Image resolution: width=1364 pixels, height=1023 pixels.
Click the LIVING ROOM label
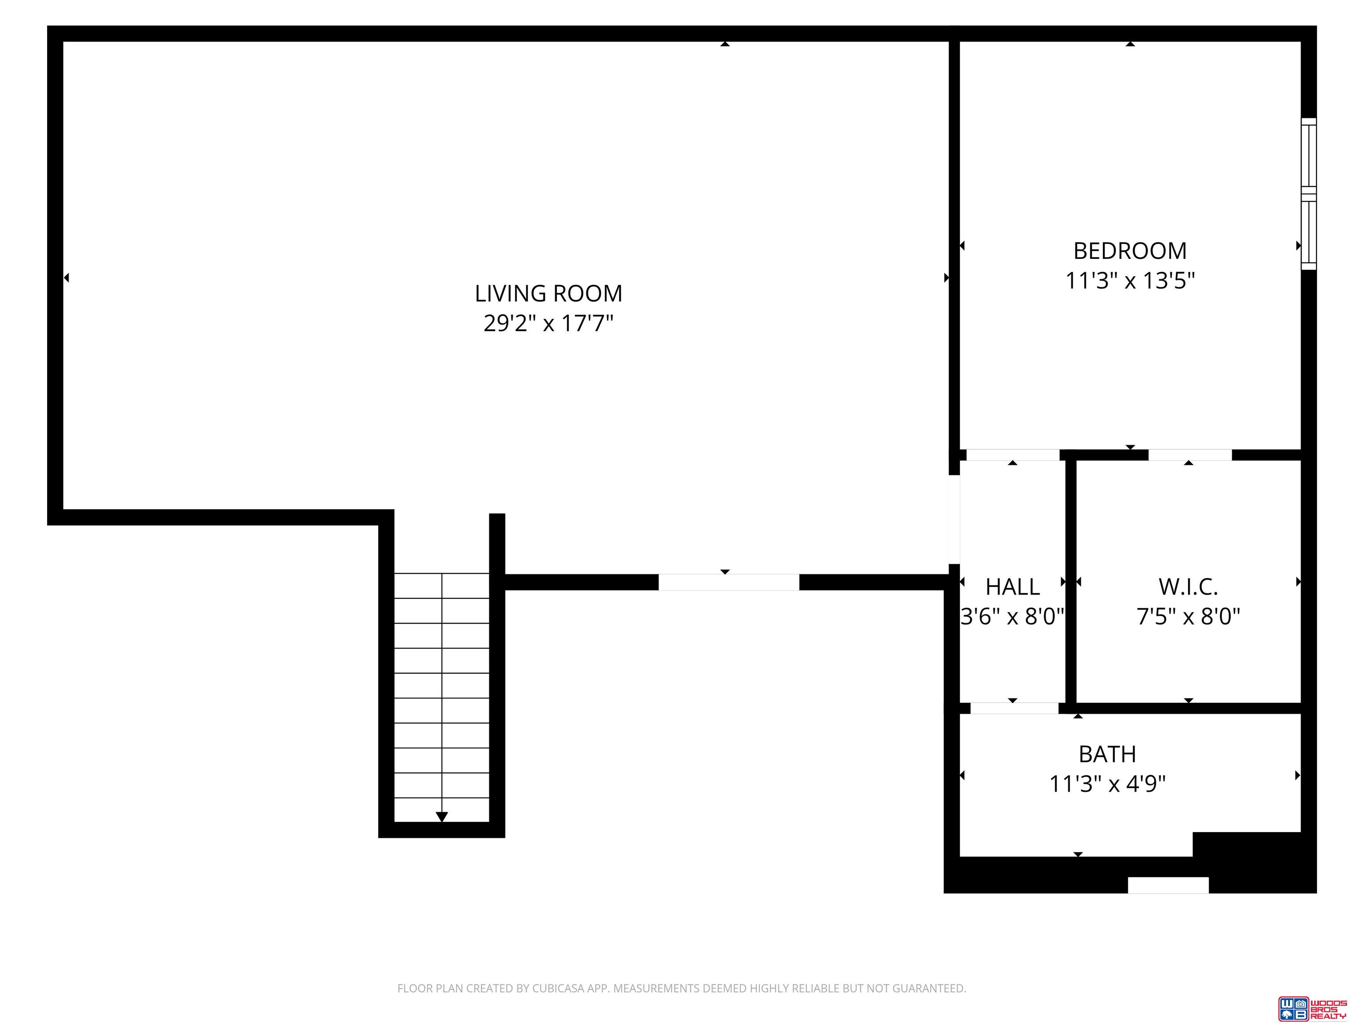click(x=548, y=293)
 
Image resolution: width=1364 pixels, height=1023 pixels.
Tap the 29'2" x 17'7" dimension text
click(x=548, y=323)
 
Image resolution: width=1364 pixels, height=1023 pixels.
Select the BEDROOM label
click(x=1130, y=251)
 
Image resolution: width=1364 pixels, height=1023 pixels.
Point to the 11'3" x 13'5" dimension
click(x=1130, y=281)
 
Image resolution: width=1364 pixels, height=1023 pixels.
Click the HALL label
click(x=1012, y=587)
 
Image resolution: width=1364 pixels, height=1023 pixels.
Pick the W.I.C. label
click(x=1188, y=587)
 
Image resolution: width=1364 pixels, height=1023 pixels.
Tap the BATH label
click(x=1107, y=754)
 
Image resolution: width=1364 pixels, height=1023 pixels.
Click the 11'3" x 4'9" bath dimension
click(x=1107, y=784)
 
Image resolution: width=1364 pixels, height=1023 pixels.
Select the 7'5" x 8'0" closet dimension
click(x=1188, y=616)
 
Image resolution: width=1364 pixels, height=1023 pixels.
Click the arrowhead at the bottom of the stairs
click(x=441, y=817)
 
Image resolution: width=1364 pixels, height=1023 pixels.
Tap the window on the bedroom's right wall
click(x=1308, y=194)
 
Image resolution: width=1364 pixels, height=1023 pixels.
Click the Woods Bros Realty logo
click(x=1312, y=1009)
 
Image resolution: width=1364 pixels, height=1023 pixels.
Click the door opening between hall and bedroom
click(x=1012, y=455)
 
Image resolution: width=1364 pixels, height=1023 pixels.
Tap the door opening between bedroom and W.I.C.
click(x=1190, y=455)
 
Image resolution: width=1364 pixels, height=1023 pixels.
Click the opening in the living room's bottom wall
click(x=729, y=582)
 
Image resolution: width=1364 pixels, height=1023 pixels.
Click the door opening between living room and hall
click(x=954, y=519)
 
